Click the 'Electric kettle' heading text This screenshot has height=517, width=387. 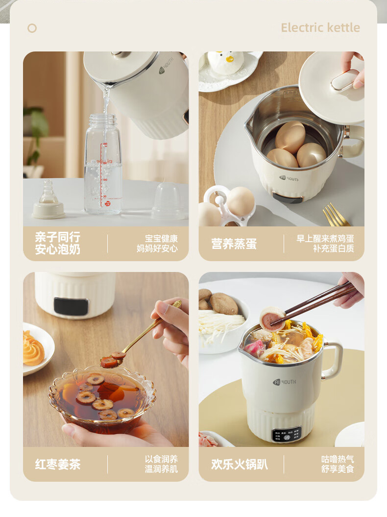point(320,27)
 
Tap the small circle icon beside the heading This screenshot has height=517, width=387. point(32,28)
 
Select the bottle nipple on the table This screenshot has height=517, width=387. point(48,201)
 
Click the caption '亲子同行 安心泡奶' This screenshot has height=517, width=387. point(57,244)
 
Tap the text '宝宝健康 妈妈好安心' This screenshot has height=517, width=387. point(157,244)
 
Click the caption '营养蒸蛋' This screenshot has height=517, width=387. point(234,244)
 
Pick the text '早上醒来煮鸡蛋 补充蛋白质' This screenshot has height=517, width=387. point(325,244)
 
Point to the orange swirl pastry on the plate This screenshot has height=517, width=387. point(33,349)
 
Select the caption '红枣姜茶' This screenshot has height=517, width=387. point(57,464)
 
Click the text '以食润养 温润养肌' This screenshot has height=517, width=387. point(161,464)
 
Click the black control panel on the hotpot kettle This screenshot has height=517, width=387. point(287,435)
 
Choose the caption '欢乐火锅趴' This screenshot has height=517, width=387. point(240,464)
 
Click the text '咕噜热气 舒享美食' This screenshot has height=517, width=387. point(337,464)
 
